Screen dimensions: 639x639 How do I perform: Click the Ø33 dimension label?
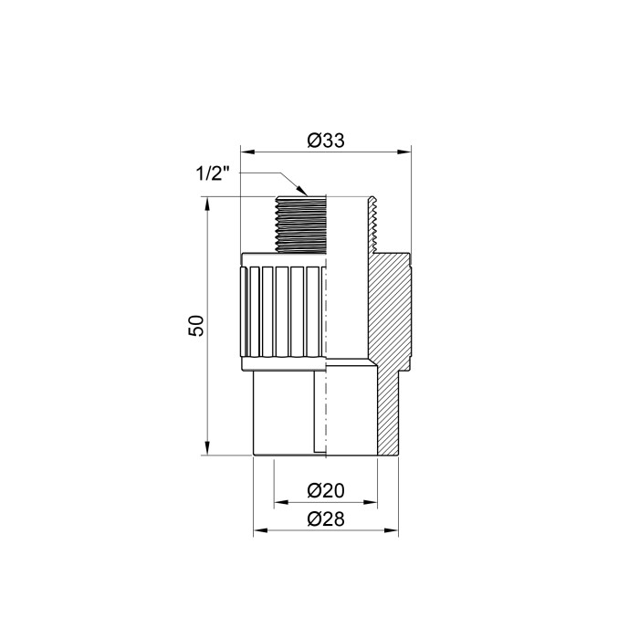click(x=326, y=141)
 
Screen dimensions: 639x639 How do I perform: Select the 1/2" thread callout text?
click(x=213, y=174)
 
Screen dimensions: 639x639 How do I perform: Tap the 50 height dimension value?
click(x=196, y=326)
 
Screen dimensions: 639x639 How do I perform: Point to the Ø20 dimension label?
click(x=326, y=491)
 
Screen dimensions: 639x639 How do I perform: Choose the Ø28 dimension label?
click(x=326, y=519)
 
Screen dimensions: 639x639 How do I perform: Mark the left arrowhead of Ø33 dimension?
click(x=247, y=152)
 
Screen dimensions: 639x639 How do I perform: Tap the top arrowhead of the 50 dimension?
click(x=207, y=204)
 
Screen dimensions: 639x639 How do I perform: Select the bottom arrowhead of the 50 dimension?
click(x=207, y=447)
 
